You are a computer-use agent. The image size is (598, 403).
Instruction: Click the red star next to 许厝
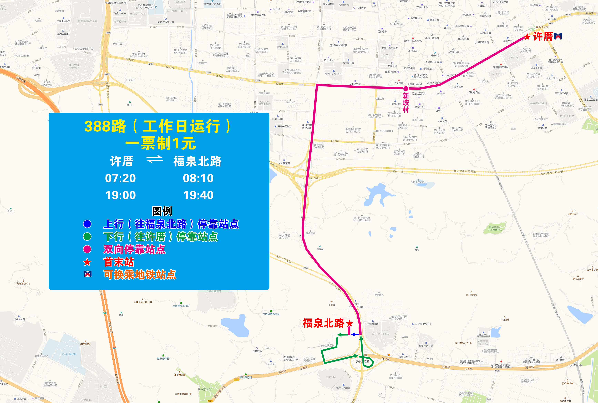coord(527,37)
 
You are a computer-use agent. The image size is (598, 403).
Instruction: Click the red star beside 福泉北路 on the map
coord(349,323)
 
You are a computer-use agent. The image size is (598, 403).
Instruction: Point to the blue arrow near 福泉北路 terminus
coord(355,334)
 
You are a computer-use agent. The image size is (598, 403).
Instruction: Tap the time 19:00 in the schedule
coord(121,195)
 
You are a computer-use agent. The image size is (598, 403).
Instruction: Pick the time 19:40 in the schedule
coord(198,195)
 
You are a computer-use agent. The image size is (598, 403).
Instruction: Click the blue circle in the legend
coord(87,224)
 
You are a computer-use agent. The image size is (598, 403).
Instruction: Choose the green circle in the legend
coord(87,236)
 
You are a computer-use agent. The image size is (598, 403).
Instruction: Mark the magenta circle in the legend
coord(87,249)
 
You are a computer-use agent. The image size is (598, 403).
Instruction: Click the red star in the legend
coord(87,262)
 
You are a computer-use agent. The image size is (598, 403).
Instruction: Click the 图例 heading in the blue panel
coord(162,211)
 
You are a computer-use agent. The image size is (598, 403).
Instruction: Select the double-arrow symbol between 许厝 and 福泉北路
coord(155,159)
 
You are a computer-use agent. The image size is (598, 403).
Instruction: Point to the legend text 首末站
coord(119,262)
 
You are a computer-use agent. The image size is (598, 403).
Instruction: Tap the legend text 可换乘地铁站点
coord(140,275)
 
